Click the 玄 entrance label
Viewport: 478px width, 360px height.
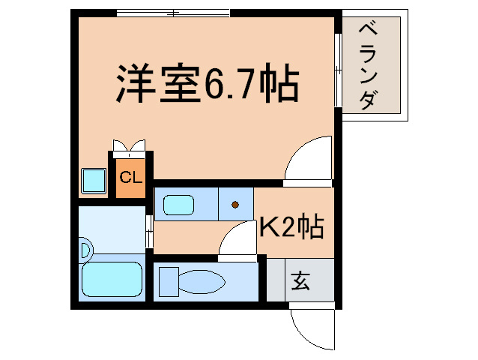tap(300, 282)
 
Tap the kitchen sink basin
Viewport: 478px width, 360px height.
tap(178, 204)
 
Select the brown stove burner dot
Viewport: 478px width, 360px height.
tap(235, 204)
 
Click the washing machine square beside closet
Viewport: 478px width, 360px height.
tap(94, 180)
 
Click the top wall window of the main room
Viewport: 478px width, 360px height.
tap(173, 13)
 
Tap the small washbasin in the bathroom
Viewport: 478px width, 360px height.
tap(85, 248)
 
